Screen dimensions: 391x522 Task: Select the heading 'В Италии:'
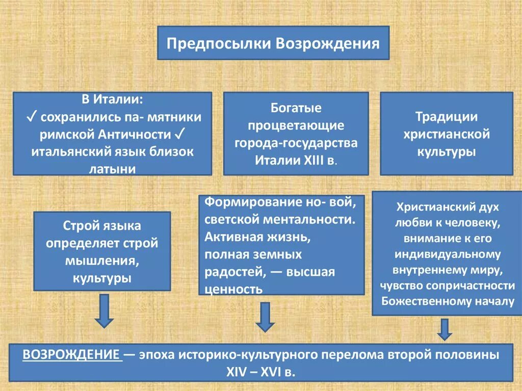112,99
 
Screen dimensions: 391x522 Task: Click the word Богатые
296,108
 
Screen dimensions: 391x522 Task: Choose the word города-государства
296,143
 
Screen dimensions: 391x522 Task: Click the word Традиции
447,117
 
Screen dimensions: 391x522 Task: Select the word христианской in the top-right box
447,134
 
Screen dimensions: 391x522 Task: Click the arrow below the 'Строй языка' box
104,312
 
